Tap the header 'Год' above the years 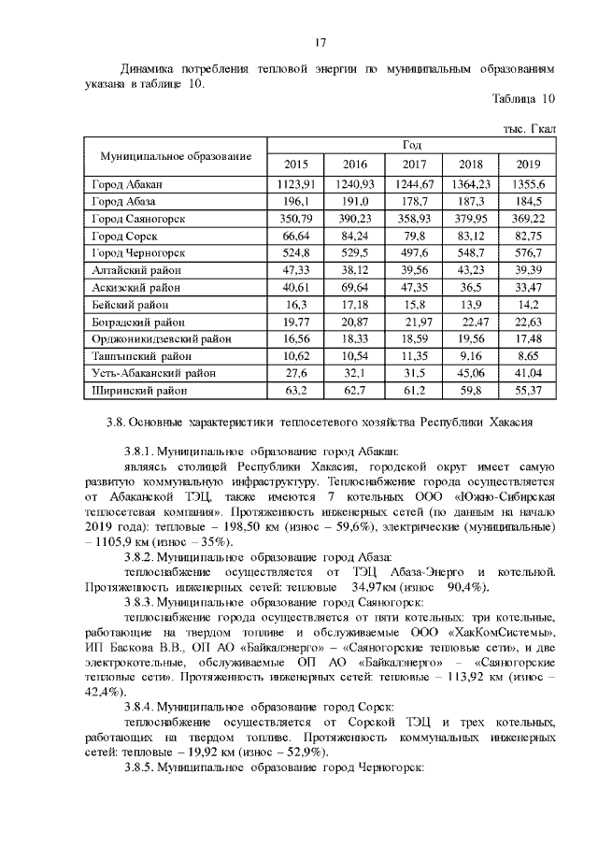pos(412,145)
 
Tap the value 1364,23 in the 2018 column pos(472,184)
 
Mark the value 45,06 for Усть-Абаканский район pos(472,372)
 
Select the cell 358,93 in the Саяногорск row pos(412,218)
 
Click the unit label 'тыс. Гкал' pos(530,126)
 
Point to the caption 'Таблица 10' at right pos(523,98)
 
